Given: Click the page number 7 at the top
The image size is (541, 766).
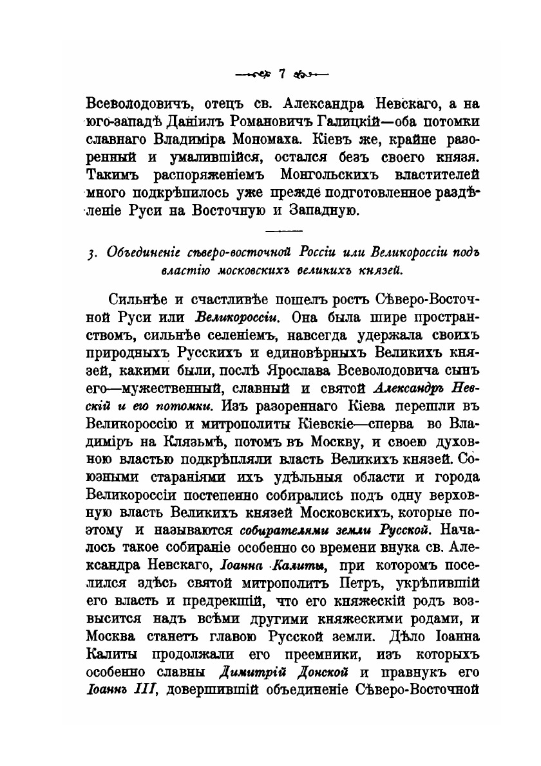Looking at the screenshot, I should tap(281, 74).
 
